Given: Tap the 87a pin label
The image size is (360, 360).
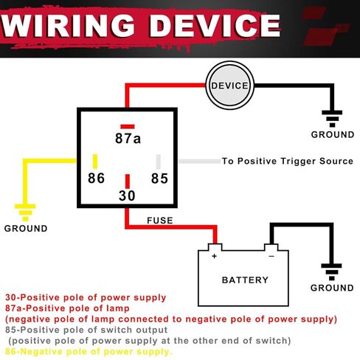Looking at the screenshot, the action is [128, 138].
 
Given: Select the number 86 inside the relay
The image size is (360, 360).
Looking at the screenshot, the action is [96, 178].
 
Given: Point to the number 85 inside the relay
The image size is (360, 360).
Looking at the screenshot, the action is [159, 179].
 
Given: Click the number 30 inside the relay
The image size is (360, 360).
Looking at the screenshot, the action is [127, 195].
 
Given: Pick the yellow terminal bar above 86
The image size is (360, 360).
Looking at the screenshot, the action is [95, 162].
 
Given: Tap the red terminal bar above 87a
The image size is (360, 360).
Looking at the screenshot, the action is [128, 127].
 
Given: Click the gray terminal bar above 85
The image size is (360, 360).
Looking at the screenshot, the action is [159, 162].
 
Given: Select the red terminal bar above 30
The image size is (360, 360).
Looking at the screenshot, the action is [128, 181].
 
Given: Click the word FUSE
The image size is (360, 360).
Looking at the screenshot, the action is [160, 221].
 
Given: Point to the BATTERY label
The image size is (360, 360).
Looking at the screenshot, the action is [245, 280].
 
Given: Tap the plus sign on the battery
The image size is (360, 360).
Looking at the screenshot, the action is [214, 256].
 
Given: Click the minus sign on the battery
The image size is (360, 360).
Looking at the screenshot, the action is [271, 256].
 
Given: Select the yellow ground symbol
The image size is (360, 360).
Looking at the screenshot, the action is [25, 212].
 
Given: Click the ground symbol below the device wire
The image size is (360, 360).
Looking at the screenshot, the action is [332, 119].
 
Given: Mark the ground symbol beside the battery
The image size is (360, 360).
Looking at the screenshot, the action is [331, 272].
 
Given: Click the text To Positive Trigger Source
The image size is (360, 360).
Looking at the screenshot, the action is [288, 161].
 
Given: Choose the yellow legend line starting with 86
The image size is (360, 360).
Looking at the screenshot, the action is [89, 352].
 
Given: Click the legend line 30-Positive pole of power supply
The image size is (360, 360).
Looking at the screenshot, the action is [86, 297].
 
